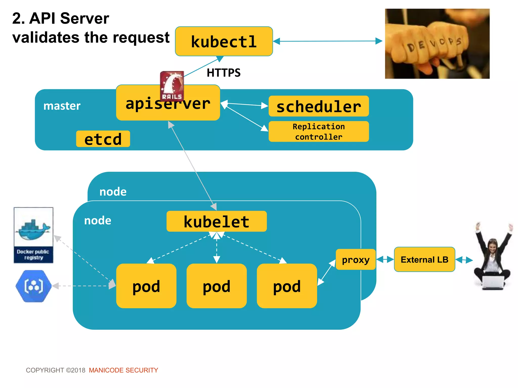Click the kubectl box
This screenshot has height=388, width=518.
click(x=224, y=41)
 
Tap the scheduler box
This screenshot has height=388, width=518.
click(x=318, y=106)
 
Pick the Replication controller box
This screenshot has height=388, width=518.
click(x=318, y=131)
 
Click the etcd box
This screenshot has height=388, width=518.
click(x=103, y=139)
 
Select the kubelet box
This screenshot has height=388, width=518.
click(x=217, y=221)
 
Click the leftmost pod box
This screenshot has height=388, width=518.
click(x=146, y=286)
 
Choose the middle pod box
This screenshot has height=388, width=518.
click(x=217, y=286)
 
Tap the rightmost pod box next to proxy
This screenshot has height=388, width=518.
click(x=287, y=286)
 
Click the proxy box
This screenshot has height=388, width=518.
click(x=356, y=259)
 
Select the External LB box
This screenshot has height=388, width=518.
click(x=424, y=259)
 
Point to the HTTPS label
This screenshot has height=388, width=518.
click(x=224, y=73)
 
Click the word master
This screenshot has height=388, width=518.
click(x=62, y=106)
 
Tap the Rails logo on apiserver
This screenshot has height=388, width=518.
click(x=172, y=86)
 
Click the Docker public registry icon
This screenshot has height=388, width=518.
click(x=33, y=235)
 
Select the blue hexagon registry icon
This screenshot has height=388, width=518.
click(x=33, y=286)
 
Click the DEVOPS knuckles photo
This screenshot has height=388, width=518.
click(x=437, y=44)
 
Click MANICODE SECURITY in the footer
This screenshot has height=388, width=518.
click(x=123, y=370)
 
